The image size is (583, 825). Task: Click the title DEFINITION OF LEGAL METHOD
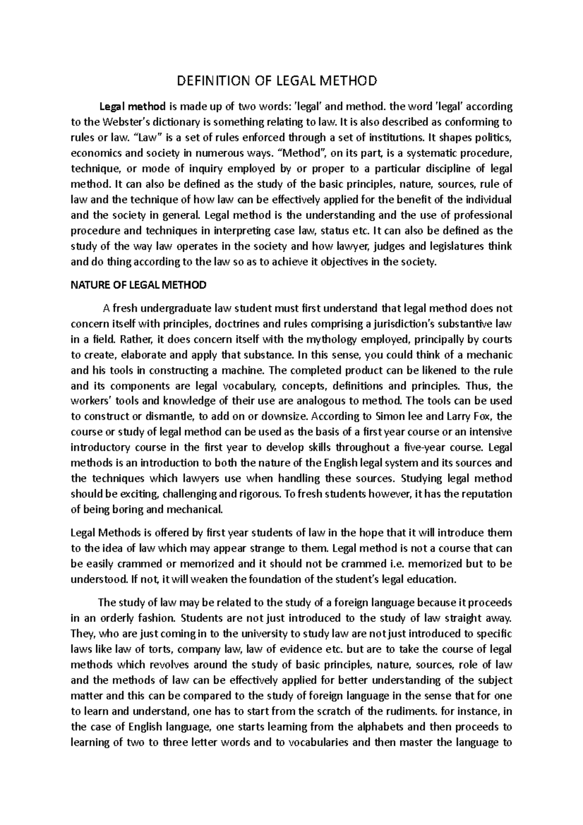click(276, 81)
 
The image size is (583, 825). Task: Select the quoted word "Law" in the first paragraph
click(145, 137)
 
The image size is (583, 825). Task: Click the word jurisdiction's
click(412, 324)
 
